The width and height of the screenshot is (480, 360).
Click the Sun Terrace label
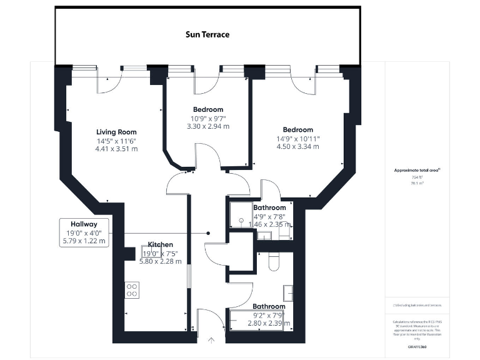tap(207, 34)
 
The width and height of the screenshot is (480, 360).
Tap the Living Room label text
tap(116, 132)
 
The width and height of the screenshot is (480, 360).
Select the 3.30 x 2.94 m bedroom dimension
tap(208, 126)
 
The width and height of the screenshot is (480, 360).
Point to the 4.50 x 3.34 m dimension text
tap(297, 146)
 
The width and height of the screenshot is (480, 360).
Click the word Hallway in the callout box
tap(84, 223)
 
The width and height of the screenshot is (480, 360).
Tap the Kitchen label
tap(160, 244)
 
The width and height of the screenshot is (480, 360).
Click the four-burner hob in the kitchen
tap(132, 289)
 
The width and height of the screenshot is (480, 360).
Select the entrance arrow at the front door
tap(211, 341)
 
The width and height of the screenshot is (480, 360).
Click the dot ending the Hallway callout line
tap(209, 233)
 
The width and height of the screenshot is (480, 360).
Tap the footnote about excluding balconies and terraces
tap(417, 305)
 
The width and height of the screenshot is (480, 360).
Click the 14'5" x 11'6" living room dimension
tap(116, 141)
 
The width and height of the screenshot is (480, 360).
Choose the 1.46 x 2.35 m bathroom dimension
tap(270, 224)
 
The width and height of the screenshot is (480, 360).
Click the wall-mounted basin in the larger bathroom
tap(287, 292)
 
